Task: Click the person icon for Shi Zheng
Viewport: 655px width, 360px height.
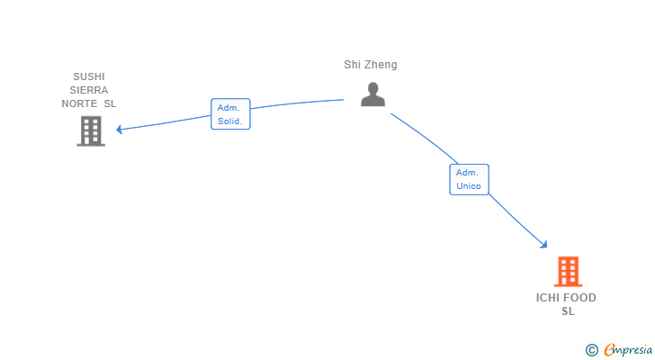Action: pos(372,94)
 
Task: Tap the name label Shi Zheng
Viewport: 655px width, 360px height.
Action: pos(370,65)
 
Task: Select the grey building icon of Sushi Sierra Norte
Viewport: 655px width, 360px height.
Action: pos(90,131)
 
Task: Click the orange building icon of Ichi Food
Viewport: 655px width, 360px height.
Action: pos(568,271)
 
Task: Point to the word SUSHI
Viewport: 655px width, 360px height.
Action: pos(89,76)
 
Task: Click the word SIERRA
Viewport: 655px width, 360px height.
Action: pos(89,90)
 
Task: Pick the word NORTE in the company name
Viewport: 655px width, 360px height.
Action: pos(78,103)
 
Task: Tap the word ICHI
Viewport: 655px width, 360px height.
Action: pos(549,298)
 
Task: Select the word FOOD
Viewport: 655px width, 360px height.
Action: pos(580,298)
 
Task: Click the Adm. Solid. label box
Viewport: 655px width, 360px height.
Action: pos(230,114)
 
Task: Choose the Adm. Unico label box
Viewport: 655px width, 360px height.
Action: pos(469,179)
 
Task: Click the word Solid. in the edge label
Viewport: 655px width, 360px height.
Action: pos(230,121)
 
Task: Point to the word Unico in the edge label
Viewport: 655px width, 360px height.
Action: pos(469,186)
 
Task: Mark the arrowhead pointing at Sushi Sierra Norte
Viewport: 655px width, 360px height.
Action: pos(120,129)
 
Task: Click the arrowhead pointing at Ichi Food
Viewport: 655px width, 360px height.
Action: pos(543,244)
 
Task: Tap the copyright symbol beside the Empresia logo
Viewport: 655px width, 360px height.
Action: pos(591,349)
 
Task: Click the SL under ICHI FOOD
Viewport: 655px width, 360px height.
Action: pos(568,311)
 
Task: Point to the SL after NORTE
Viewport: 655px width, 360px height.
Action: pos(110,103)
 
